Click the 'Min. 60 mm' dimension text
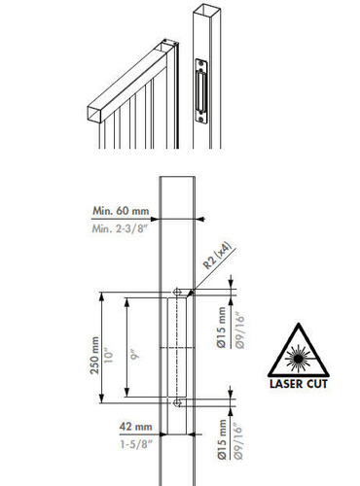pos(120,210)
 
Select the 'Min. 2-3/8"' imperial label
pos(120,227)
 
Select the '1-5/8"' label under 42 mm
pos(134,443)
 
